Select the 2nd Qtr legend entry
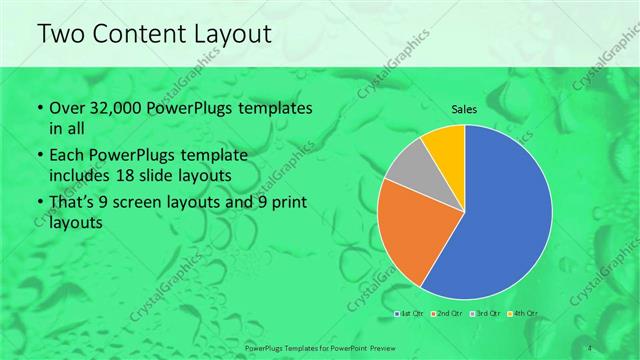click(449, 315)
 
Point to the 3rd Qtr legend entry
click(487, 315)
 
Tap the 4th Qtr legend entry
click(524, 315)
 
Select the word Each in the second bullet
click(67, 157)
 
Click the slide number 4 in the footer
click(591, 347)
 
